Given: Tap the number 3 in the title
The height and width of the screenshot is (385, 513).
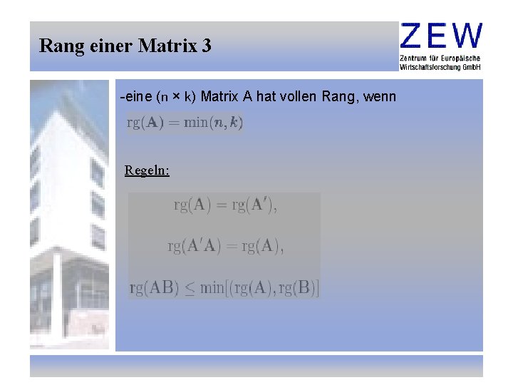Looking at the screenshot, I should pos(207,46).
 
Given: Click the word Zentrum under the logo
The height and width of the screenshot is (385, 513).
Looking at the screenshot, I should pos(416,58).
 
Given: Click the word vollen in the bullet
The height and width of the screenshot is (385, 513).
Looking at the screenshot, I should pos(299,96).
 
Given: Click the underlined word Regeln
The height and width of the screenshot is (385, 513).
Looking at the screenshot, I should pos(147,170).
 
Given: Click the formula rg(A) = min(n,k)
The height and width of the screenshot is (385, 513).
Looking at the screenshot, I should pos(185,122).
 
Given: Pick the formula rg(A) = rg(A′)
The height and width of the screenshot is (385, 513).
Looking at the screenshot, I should pos(225,205).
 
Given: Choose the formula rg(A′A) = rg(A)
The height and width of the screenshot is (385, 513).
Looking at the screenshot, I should pos(225,247).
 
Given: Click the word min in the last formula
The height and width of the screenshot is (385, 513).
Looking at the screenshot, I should pos(212,288).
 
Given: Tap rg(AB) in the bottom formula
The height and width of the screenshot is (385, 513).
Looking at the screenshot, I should pos(155,288).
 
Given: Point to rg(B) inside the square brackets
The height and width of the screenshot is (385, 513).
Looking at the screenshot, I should pos(300,288).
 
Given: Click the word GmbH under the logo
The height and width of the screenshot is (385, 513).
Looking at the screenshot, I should pos(472,66).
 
